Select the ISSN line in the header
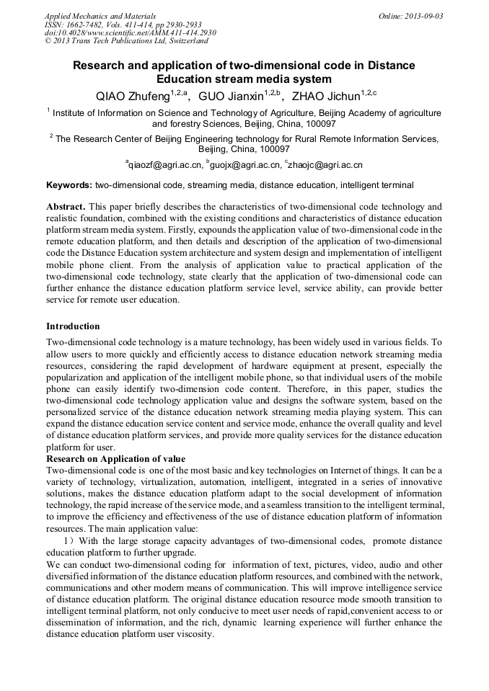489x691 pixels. pyautogui.click(x=123, y=24)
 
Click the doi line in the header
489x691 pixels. pyautogui.click(x=130, y=32)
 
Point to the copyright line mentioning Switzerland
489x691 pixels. pyautogui.click(x=126, y=41)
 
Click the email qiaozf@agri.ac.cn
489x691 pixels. pyautogui.click(x=164, y=165)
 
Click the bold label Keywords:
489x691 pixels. pyautogui.click(x=69, y=185)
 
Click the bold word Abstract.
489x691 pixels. pyautogui.click(x=66, y=206)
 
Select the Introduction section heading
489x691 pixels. pyautogui.click(x=73, y=326)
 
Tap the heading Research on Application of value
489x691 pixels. pyautogui.click(x=115, y=459)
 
